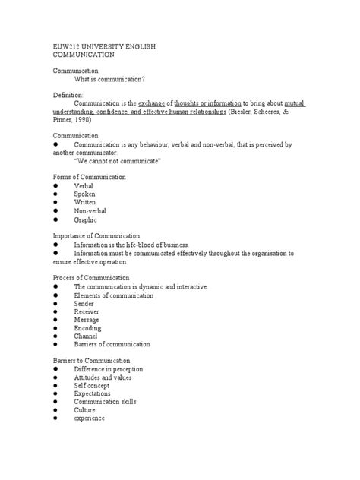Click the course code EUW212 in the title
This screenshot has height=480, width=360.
66,46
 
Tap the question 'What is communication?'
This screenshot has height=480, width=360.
109,79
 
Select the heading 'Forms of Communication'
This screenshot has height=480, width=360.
89,177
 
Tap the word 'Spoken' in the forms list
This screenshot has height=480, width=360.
84,194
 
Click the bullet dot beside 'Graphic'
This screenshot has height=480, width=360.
55,219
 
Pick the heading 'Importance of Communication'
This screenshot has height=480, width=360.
95,236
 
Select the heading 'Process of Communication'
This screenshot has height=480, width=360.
90,278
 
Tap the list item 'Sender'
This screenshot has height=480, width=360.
84,303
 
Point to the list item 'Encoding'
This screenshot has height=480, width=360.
87,328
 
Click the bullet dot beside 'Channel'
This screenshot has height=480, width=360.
55,336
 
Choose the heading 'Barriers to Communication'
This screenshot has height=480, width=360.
91,361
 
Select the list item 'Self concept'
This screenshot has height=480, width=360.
92,386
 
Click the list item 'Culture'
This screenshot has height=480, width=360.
84,410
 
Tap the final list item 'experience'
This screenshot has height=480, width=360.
89,418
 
